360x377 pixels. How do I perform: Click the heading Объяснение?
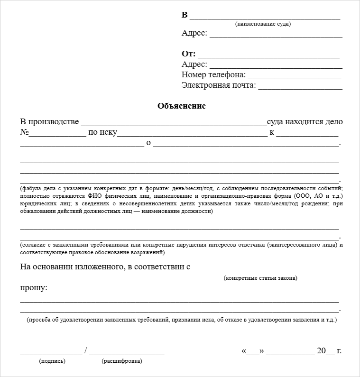182,106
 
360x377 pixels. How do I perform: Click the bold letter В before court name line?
185,15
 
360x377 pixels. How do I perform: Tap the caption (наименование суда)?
263,24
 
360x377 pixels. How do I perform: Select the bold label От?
188,54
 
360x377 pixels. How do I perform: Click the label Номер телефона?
213,75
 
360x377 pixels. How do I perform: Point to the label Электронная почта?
219,85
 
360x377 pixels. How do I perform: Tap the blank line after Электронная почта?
300,88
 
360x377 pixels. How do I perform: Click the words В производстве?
49,122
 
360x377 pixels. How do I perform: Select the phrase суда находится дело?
305,122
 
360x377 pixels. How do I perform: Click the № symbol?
24,132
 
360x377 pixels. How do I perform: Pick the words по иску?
102,132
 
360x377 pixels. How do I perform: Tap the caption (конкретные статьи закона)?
260,278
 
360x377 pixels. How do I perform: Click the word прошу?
34,288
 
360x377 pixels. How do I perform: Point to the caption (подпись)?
52,361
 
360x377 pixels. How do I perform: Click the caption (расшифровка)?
121,361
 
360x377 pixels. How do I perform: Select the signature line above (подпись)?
50,354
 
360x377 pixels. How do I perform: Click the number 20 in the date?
321,351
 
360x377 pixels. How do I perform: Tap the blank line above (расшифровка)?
127,354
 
